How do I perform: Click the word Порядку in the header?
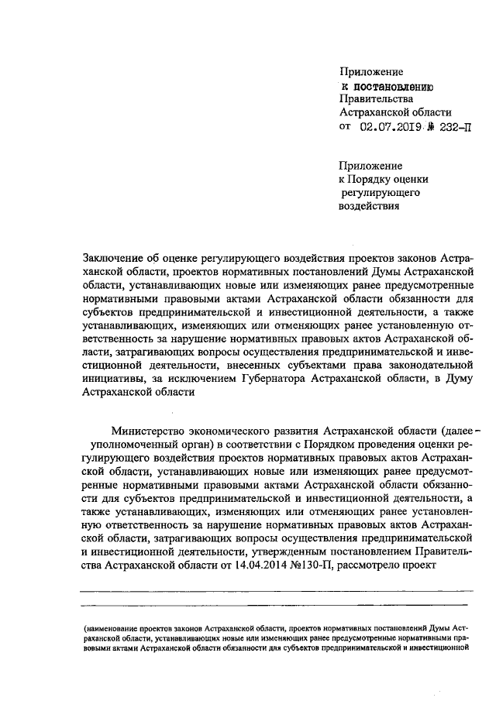384,179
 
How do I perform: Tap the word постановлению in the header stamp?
397,85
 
